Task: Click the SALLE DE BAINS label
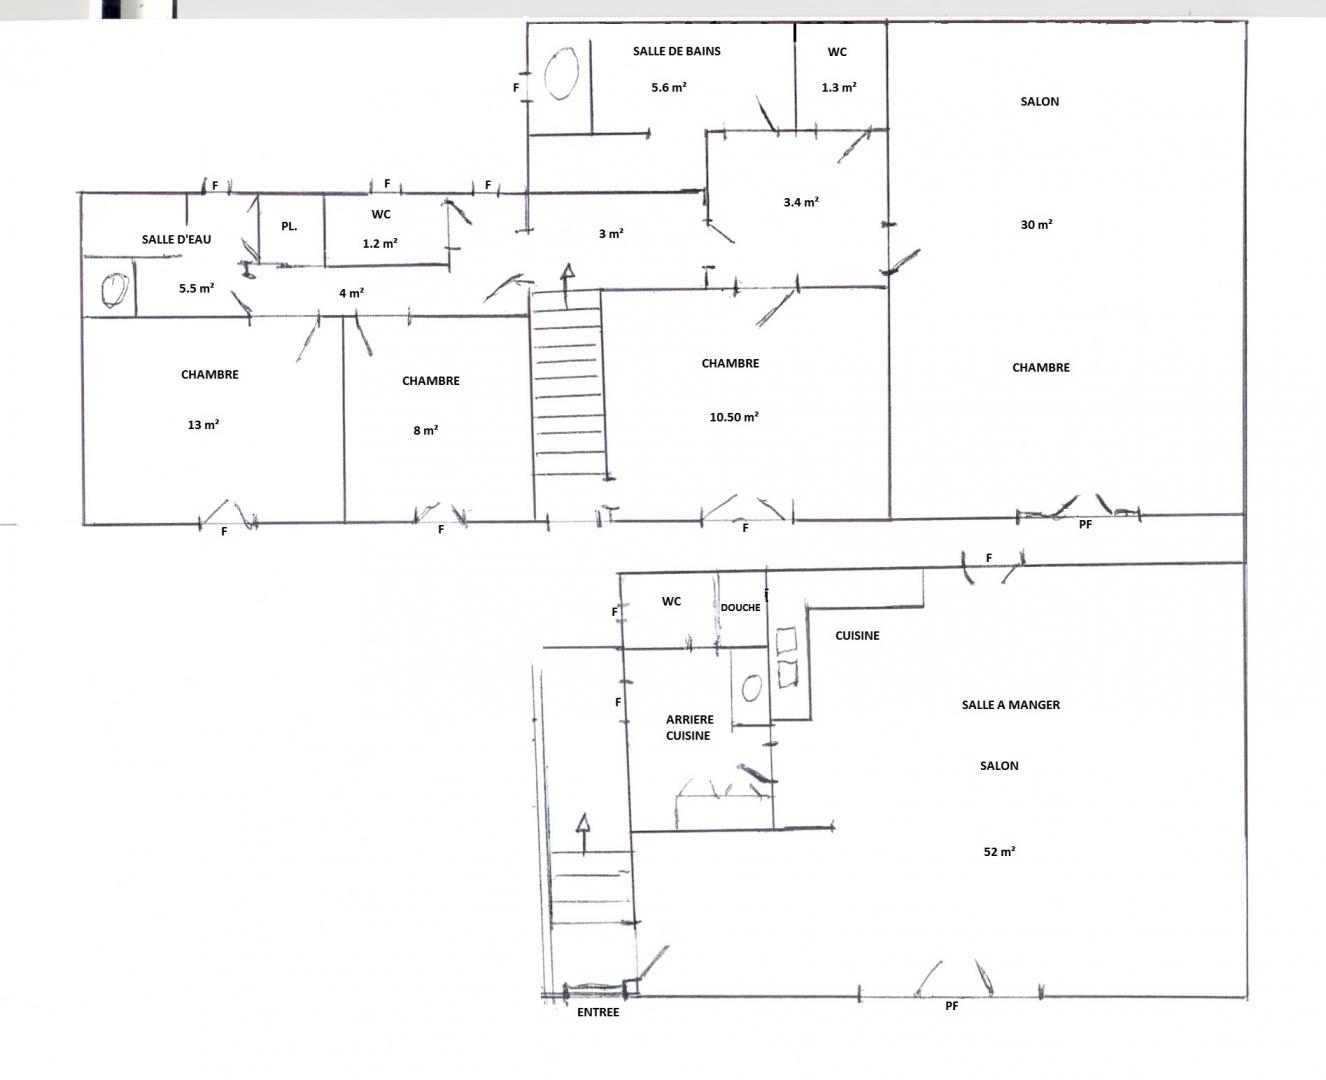click(677, 51)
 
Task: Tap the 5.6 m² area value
click(669, 87)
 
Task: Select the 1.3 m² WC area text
click(839, 87)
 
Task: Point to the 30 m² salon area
click(1037, 224)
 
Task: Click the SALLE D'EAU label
click(176, 239)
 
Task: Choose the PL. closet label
click(289, 226)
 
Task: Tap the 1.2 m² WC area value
click(380, 243)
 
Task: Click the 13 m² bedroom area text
click(204, 425)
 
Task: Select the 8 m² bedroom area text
click(426, 430)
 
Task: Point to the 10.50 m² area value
click(734, 416)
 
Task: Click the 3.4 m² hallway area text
click(801, 202)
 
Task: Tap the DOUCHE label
click(741, 608)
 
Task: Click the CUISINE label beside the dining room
click(857, 636)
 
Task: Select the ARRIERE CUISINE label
click(689, 727)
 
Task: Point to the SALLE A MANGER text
click(1011, 705)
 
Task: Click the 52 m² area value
click(1000, 851)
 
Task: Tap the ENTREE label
click(598, 1012)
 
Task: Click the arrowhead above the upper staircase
click(567, 271)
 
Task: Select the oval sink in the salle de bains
click(562, 73)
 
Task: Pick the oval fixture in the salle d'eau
click(115, 291)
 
